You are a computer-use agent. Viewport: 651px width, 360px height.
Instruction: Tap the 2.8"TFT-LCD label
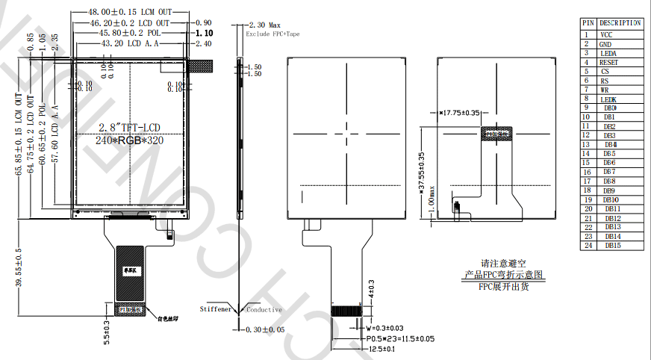click(131, 125)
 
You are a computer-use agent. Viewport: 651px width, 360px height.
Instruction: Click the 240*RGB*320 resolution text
click(130, 140)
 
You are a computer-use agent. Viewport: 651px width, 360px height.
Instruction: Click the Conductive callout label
click(264, 309)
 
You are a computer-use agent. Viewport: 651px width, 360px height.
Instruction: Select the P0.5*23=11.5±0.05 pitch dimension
click(399, 338)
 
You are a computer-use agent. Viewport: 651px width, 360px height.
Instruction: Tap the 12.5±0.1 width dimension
click(381, 348)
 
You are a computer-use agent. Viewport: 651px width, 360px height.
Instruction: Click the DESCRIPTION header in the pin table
click(620, 23)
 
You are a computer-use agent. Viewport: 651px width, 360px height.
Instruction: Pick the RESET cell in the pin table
click(608, 63)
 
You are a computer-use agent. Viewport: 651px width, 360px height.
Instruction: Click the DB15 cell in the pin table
click(613, 245)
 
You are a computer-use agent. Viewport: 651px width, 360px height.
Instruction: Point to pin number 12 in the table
click(588, 135)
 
